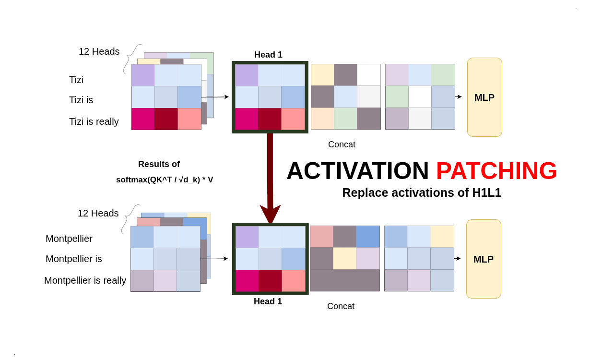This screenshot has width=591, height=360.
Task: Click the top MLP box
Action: point(485,97)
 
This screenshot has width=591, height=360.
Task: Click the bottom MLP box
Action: point(484,259)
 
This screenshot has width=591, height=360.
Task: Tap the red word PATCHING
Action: point(496,171)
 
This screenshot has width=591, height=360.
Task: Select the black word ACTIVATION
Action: point(357,171)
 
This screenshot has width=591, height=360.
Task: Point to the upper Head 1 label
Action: point(268,55)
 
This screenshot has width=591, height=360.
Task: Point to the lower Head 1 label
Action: point(268,301)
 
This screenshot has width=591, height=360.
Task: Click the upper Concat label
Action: point(342,144)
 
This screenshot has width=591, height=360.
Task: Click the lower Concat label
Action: point(341,306)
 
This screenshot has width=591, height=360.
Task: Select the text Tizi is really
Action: point(94,121)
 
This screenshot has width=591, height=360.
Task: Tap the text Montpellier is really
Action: point(85,280)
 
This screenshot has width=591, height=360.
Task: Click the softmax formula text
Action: point(165,180)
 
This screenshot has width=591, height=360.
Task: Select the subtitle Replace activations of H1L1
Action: point(422,192)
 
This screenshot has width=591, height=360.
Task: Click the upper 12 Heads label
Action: point(99,51)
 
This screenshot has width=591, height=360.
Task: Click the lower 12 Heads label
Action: point(98,213)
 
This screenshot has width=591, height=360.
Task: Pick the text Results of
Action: point(159,164)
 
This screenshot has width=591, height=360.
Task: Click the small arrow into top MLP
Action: point(458,97)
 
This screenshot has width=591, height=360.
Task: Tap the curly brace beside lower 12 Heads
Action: point(128,218)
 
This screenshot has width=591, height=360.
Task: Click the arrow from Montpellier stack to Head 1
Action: point(214,259)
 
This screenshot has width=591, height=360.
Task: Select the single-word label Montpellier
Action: point(69,239)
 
